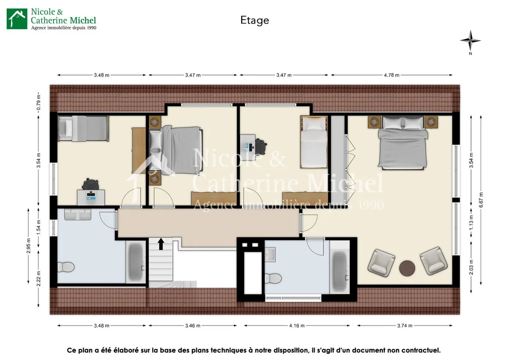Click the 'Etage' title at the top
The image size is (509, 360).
255,20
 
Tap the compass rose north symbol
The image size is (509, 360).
470,41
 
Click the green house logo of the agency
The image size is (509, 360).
17,19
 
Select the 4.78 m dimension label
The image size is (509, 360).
391,75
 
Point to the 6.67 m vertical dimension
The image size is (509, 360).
481,200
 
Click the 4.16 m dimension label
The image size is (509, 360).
297,325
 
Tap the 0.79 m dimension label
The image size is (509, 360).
39,101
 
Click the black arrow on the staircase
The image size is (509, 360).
161,244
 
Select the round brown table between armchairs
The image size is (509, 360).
407,268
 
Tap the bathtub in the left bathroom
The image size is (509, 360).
136,262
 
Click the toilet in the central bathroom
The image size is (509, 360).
273,278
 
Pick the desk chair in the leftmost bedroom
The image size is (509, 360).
90,185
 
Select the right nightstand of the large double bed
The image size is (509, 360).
431,122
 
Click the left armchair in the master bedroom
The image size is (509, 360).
381,262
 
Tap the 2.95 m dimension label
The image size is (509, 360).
29,245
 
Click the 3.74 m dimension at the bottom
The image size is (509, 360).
404,325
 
